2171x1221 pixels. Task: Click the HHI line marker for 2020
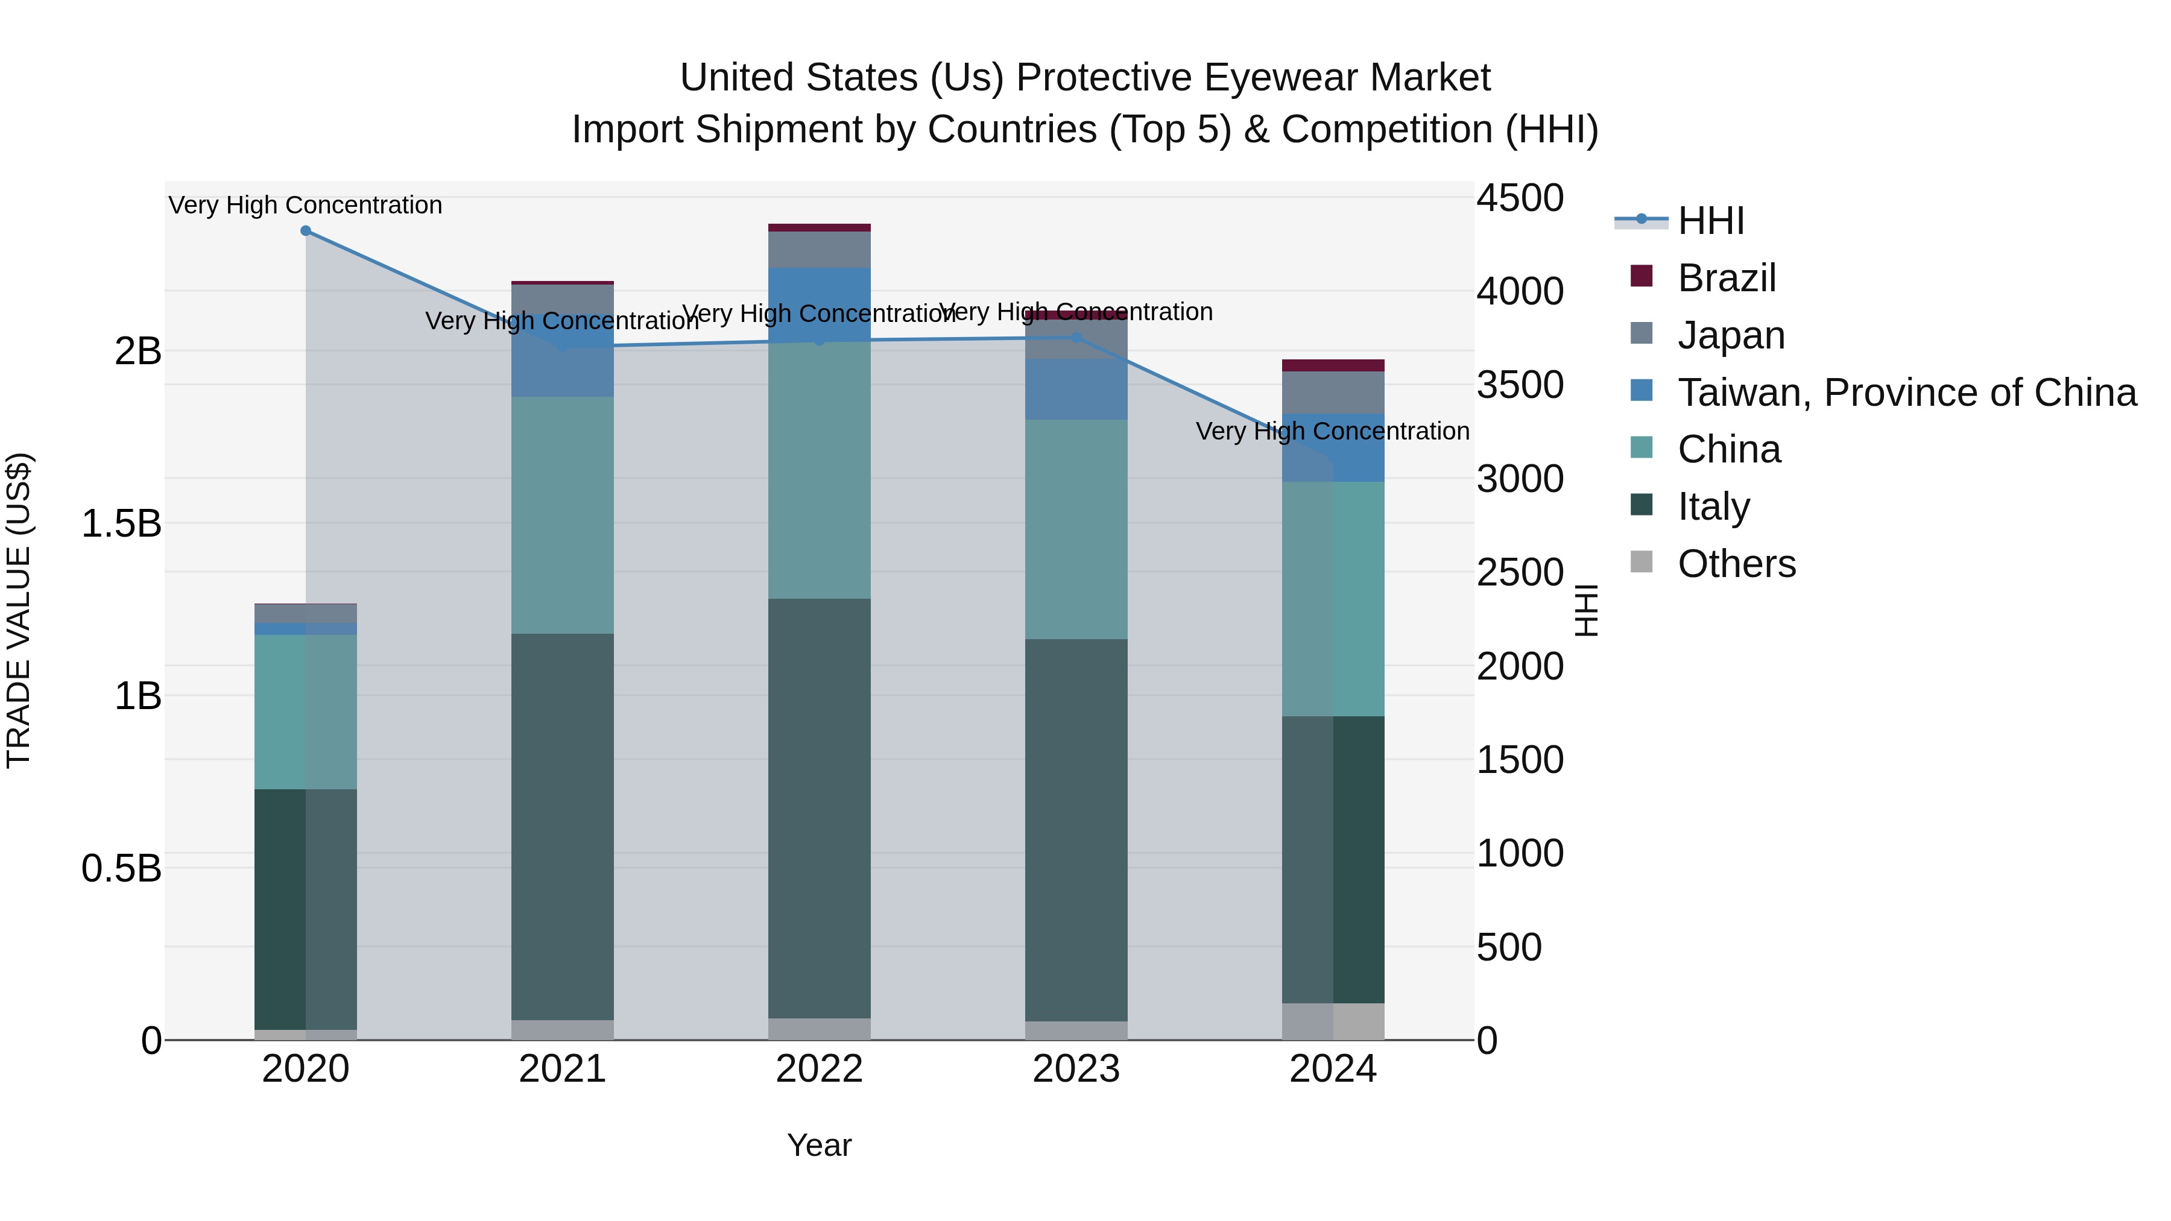pos(306,231)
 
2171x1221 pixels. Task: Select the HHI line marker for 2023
pos(1076,338)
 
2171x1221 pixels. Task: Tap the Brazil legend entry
pos(1726,278)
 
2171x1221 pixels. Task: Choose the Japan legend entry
pos(1730,335)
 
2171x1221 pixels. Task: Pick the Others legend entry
pos(1736,564)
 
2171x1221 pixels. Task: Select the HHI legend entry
pos(1710,221)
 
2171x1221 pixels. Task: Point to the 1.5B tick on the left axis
pos(121,524)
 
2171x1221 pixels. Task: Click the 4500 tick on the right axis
pos(1520,199)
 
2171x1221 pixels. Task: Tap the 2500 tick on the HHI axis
pos(1520,573)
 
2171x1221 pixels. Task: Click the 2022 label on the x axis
pos(819,1069)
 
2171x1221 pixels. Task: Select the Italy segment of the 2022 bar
pos(819,809)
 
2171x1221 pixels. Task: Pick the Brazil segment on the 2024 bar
pos(1333,366)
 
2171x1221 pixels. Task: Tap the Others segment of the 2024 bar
pos(1333,1021)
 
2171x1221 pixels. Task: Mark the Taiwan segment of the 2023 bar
pos(1076,390)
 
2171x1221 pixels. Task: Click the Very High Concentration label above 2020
pos(305,206)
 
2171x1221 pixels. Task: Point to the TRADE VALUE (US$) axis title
pos(19,610)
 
